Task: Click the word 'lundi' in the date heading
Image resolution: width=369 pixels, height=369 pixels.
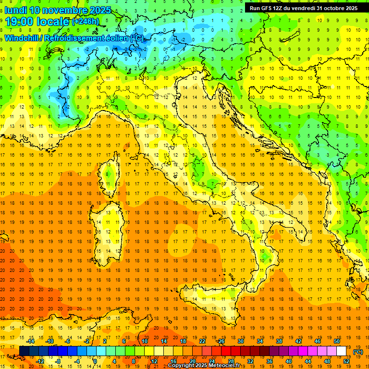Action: point(15,10)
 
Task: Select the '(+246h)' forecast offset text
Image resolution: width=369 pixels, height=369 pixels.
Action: point(86,22)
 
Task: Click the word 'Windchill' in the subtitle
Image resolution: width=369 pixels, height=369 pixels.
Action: point(22,38)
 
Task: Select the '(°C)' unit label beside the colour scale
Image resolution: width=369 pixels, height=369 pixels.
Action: point(358,352)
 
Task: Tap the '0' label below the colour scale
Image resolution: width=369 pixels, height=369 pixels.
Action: point(95,361)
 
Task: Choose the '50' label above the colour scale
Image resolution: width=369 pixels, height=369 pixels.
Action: point(337,341)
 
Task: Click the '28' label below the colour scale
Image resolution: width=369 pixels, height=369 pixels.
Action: point(231,361)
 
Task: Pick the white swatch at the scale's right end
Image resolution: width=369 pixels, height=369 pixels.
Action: point(342,351)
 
